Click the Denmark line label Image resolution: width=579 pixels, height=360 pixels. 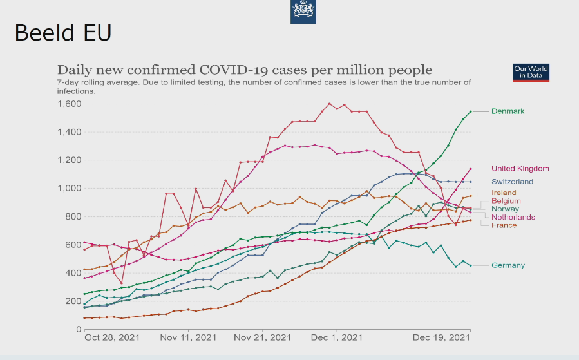coord(508,111)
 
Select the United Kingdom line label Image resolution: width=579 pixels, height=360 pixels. coord(520,169)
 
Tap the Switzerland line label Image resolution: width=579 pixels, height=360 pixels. coord(512,182)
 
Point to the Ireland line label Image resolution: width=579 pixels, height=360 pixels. coord(504,193)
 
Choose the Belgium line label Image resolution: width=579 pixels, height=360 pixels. coord(506,201)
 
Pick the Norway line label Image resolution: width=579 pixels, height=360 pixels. coord(505,209)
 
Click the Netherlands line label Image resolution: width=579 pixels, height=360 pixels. coord(513,217)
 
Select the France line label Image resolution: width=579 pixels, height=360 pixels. coord(504,225)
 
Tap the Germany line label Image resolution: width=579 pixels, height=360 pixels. coord(508,265)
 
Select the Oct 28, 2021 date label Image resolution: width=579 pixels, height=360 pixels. coord(111,337)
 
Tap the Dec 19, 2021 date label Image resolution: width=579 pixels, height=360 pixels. coord(441,337)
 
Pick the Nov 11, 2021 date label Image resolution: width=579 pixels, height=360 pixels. coord(188,337)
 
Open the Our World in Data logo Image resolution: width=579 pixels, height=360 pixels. coord(531,72)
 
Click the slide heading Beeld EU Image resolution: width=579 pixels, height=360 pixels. coord(63,32)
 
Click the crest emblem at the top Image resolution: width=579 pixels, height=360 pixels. coord(303,11)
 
